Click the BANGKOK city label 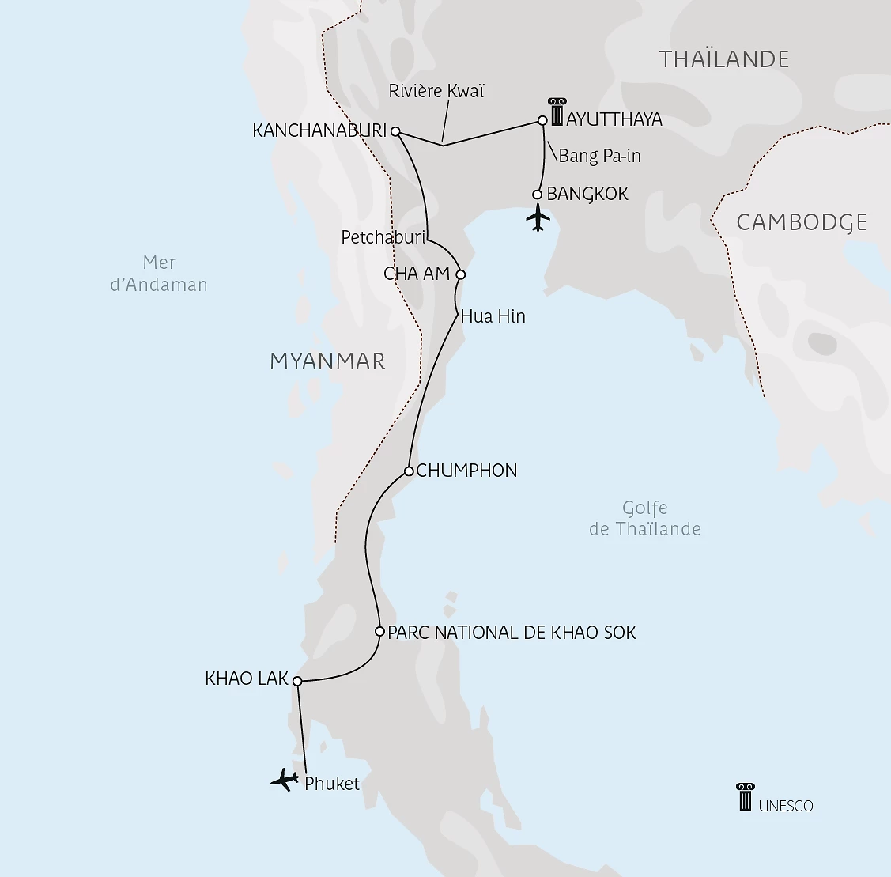coord(587,194)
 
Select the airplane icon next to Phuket coord(285,780)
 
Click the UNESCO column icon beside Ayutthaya coord(557,112)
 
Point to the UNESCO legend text coord(785,806)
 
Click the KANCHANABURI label coord(319,130)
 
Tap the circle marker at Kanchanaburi coord(395,132)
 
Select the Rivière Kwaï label coord(436,91)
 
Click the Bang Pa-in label coord(599,156)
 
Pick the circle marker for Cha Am coord(461,275)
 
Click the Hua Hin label coord(493,316)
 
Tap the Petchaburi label coord(383,236)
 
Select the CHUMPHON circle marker coord(409,471)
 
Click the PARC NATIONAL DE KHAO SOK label coord(512,633)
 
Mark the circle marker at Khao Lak coord(297,681)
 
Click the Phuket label coord(331,784)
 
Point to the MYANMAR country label coord(327,361)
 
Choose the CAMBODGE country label coord(802,222)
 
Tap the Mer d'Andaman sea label coord(159,274)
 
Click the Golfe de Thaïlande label coord(644,519)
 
